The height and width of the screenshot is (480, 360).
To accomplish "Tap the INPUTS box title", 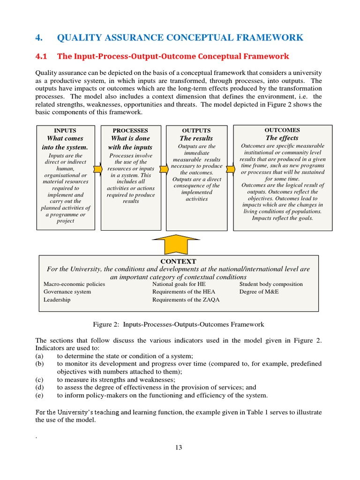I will point(65,130).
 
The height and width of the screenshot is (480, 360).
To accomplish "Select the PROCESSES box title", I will point(130,130).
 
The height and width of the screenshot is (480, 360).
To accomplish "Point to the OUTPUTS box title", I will point(196,130).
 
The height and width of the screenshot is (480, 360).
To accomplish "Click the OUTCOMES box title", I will point(282,130).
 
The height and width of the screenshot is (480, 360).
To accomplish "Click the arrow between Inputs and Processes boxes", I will point(97,168).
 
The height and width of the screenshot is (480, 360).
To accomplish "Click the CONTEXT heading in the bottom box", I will point(178,261).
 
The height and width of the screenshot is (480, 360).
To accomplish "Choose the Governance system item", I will point(67,292).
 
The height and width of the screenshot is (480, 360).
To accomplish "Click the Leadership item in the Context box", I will point(57,300).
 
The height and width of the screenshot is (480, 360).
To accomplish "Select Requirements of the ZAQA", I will point(186,300).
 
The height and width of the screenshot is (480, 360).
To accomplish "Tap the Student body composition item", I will point(271,284).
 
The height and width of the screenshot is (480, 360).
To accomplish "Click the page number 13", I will point(179,447).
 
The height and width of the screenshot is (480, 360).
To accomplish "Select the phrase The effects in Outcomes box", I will point(282,138).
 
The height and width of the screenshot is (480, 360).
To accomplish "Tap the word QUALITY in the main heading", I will point(79,38).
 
